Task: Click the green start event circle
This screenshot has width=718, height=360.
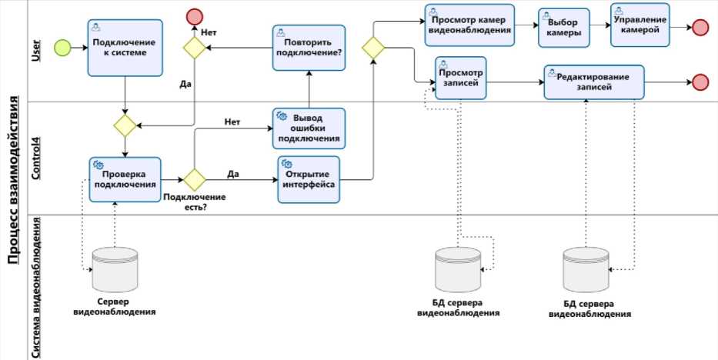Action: (x=62, y=48)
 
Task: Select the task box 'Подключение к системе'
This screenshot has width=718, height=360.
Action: (x=125, y=48)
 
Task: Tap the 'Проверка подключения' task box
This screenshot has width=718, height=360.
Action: (x=125, y=179)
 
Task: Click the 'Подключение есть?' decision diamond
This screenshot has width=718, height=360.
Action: (x=192, y=180)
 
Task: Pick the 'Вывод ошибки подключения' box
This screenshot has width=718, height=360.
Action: (x=309, y=128)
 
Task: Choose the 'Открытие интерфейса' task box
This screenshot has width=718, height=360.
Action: (x=309, y=179)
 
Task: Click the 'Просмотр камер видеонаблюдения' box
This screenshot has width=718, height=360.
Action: (x=469, y=25)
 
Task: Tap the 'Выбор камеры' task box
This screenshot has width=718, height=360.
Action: (x=564, y=28)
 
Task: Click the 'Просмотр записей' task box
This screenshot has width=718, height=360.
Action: (x=461, y=78)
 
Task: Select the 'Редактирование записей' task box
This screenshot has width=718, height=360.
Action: (x=593, y=82)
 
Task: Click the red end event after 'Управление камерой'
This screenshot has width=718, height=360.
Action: (x=700, y=28)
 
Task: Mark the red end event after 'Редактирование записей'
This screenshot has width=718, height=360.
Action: (x=700, y=82)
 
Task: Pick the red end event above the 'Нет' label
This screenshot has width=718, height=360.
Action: (x=194, y=16)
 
